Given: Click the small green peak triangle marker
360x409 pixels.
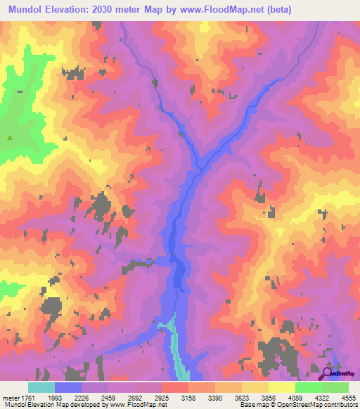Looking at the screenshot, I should (x=10, y=138).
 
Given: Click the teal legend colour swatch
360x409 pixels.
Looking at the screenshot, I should (x=41, y=387).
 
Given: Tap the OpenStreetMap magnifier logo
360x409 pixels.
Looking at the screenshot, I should (x=328, y=373).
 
